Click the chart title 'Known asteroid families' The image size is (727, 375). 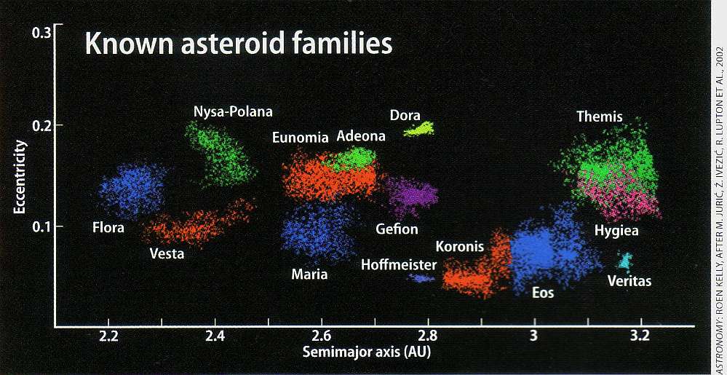[x=239, y=43]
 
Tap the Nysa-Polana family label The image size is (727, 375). [x=233, y=111]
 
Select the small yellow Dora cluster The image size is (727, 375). [x=419, y=130]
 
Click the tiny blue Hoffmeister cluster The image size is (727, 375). [x=421, y=277]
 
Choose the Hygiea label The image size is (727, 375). [x=617, y=230]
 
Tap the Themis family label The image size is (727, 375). [x=600, y=116]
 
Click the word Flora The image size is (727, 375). [x=108, y=228]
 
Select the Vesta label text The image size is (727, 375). [x=167, y=254]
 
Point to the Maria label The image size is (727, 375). [x=309, y=275]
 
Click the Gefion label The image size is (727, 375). [x=397, y=229]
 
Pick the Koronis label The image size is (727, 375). [x=460, y=247]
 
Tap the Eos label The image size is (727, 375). [x=543, y=293]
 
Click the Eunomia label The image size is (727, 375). [x=301, y=138]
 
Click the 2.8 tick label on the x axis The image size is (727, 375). [x=428, y=336]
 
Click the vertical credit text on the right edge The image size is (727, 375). [x=719, y=187]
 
